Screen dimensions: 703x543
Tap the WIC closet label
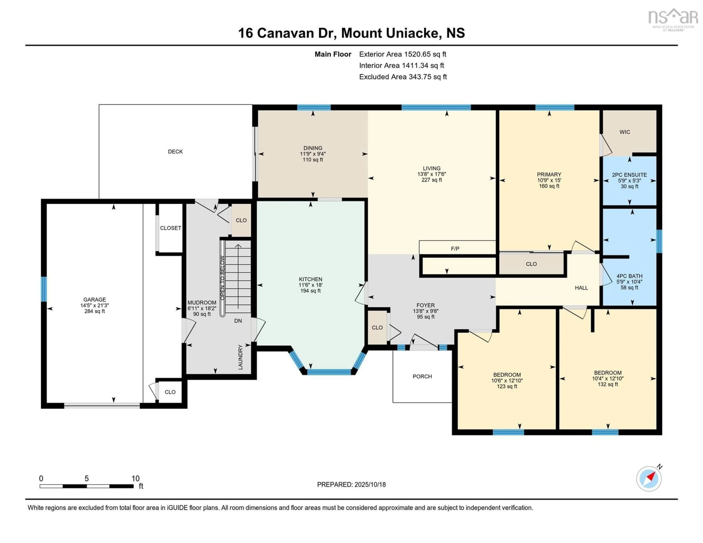click(625, 132)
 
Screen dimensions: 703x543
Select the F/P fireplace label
click(455, 248)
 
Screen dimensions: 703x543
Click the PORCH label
click(422, 376)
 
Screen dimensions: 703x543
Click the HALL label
click(581, 288)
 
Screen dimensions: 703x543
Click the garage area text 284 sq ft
click(95, 311)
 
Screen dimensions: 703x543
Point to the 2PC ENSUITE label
click(629, 175)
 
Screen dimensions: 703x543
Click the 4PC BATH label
click(629, 276)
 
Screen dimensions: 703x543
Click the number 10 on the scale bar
click(135, 478)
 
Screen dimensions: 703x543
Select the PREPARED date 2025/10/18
click(370, 484)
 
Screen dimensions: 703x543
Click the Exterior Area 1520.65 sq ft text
click(403, 54)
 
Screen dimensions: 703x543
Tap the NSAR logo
click(673, 19)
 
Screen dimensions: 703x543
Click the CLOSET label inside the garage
click(171, 228)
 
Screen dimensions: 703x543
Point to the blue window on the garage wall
click(44, 289)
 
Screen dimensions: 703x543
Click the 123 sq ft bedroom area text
click(507, 386)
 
